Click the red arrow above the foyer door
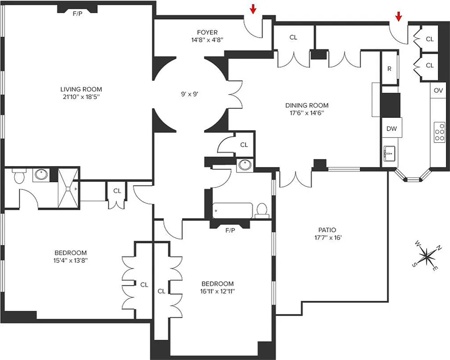pos(253,9)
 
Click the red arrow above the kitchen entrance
pos(398,16)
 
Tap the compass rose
pos(426,256)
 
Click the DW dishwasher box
pos(391,129)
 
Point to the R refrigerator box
pos(390,69)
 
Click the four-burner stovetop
pos(439,132)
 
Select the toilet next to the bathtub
pos(261,210)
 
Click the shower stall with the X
pos(68,189)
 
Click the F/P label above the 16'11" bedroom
pos(230,230)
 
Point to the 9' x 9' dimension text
pos(190,94)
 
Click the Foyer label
pos(207,32)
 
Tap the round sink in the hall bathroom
pos(245,165)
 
